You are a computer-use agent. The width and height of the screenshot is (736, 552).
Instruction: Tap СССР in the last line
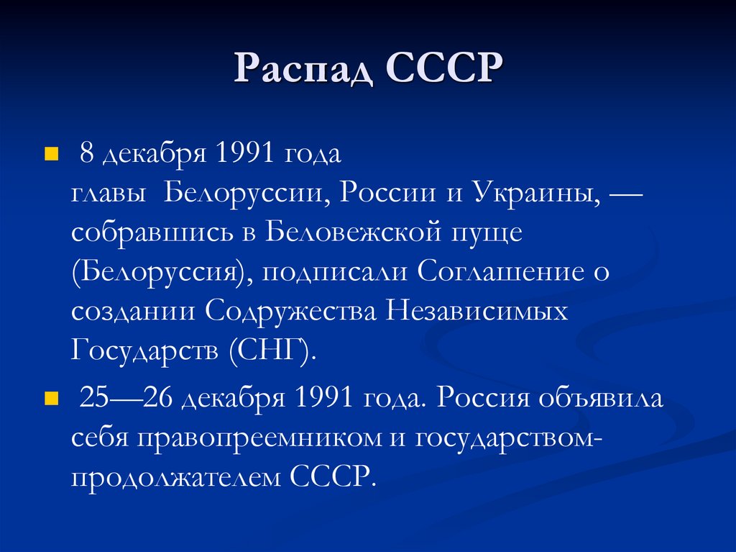335,476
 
